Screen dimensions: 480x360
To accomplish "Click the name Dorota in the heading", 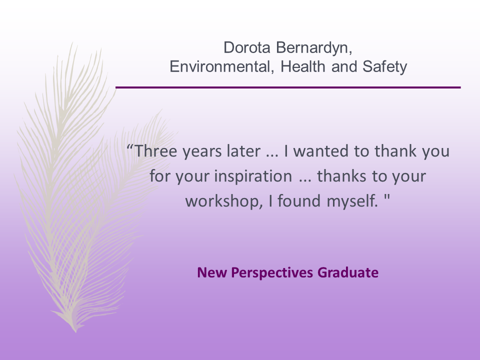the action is click(x=247, y=48).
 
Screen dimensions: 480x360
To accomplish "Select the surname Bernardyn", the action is click(x=314, y=48).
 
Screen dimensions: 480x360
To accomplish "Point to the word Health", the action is click(x=303, y=66).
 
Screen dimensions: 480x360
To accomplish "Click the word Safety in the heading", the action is click(x=385, y=67).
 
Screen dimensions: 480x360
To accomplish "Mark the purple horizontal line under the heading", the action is click(x=288, y=87).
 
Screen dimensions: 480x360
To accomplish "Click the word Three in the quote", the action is click(x=156, y=151).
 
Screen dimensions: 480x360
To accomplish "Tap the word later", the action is click(x=243, y=151).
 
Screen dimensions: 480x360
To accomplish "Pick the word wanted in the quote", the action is click(x=321, y=151).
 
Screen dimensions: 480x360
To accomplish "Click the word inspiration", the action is click(x=253, y=176).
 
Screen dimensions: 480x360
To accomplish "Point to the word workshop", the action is click(x=224, y=201).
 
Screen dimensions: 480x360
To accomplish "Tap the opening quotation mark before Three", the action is click(x=130, y=147).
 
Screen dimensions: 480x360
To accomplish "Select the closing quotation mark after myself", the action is click(x=387, y=197).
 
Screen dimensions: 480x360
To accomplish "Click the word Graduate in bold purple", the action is click(x=348, y=272).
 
